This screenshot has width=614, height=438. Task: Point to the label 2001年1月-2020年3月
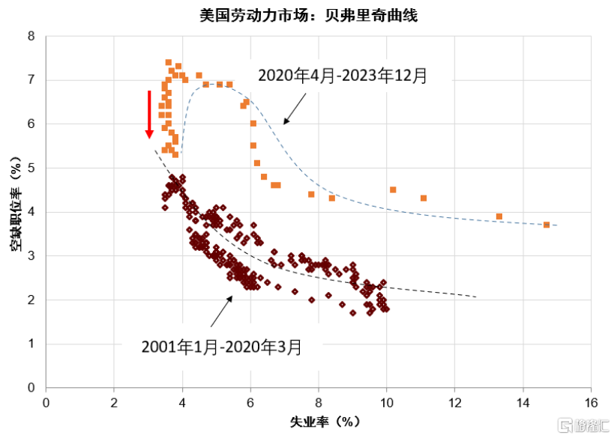coord(222,347)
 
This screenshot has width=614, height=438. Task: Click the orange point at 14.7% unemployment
coord(547,225)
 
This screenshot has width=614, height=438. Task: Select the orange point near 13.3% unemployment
coord(499,216)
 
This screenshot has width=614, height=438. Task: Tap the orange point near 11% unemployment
coord(424,198)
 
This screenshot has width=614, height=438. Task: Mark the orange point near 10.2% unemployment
coord(393,189)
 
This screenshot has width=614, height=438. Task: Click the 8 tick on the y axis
coord(31,36)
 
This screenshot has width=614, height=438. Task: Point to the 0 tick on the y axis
coord(31,388)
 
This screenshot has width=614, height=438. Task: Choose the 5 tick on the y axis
coord(31,168)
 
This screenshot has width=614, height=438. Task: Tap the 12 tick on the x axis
coord(454,402)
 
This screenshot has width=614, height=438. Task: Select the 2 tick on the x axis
coord(114,402)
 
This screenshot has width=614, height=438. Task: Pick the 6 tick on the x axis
coord(250,402)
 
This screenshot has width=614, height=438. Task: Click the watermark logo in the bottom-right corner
coord(577,424)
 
